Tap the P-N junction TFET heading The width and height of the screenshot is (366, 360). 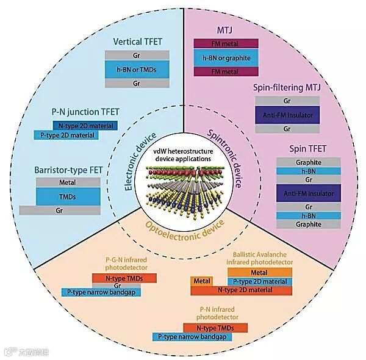pyautogui.click(x=85, y=112)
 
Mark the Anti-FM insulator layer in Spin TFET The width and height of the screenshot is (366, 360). pyautogui.click(x=308, y=193)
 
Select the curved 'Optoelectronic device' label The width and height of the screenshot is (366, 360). pyautogui.click(x=182, y=232)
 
